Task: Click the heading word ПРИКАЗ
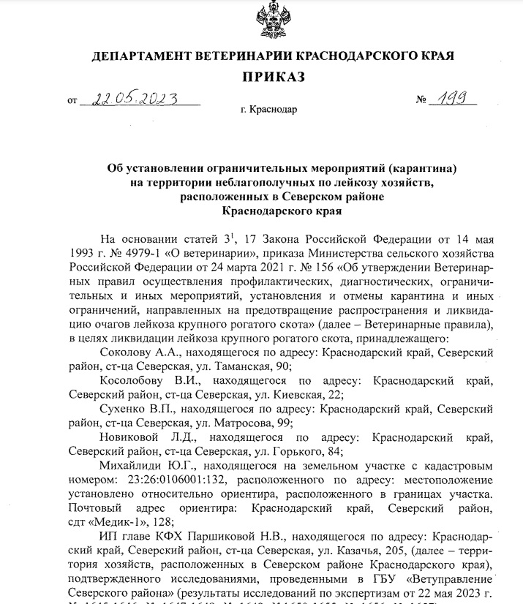pyautogui.click(x=271, y=77)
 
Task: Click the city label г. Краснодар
pyautogui.click(x=268, y=109)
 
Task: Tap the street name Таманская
pyautogui.click(x=248, y=366)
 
